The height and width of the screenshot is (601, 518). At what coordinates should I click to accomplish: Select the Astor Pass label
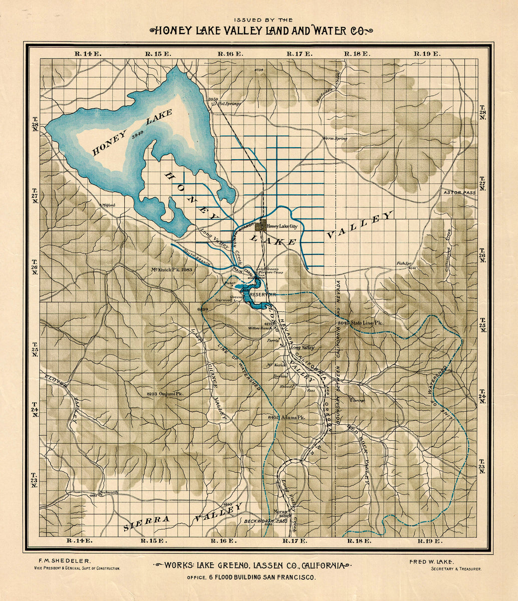point(459,192)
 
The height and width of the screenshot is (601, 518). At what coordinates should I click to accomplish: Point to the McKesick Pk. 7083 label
point(171,270)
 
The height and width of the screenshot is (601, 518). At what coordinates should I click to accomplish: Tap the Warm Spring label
point(335,138)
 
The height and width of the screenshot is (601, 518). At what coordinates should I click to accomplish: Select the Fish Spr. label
point(404,263)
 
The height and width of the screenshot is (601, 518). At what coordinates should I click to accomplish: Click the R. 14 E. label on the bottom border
point(81,541)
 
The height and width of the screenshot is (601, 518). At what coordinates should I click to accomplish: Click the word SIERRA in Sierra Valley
point(146,523)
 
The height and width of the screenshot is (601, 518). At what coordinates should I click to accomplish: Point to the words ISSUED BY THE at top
point(258,20)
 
